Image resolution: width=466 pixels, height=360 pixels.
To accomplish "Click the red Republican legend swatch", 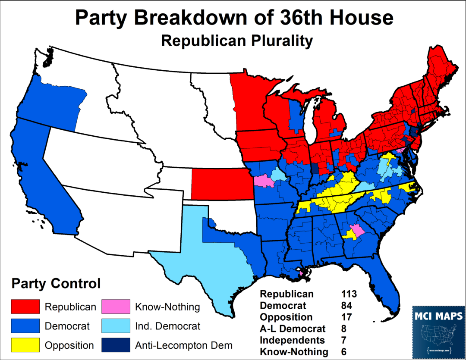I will (25, 307).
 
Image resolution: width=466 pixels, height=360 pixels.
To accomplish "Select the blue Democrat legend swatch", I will (25, 326).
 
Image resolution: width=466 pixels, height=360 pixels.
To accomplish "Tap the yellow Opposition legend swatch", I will (25, 345).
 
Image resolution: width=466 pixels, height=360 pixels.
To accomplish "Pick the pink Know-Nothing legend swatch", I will (115, 307).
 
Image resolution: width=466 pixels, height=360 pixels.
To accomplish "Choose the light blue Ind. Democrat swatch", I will (115, 326).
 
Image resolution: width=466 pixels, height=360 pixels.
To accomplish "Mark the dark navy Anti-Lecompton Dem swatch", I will (115, 345).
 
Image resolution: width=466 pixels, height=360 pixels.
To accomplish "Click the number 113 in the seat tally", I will (348, 294).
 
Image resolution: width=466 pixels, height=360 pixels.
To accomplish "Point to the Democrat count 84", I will (346, 306).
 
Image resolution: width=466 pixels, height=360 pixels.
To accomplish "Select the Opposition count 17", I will (346, 317).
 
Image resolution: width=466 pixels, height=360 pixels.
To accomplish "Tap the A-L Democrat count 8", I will (343, 329).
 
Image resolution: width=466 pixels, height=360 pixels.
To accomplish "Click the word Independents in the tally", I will (292, 340).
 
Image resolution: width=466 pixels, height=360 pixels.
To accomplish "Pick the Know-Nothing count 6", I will (343, 352).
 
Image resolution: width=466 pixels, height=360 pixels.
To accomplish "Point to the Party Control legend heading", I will (56, 284).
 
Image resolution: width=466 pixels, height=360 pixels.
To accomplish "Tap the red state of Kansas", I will (220, 184).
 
